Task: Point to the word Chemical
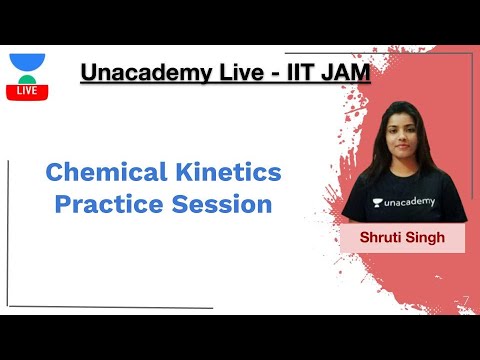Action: coord(98,172)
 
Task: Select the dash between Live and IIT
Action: coord(274,73)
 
